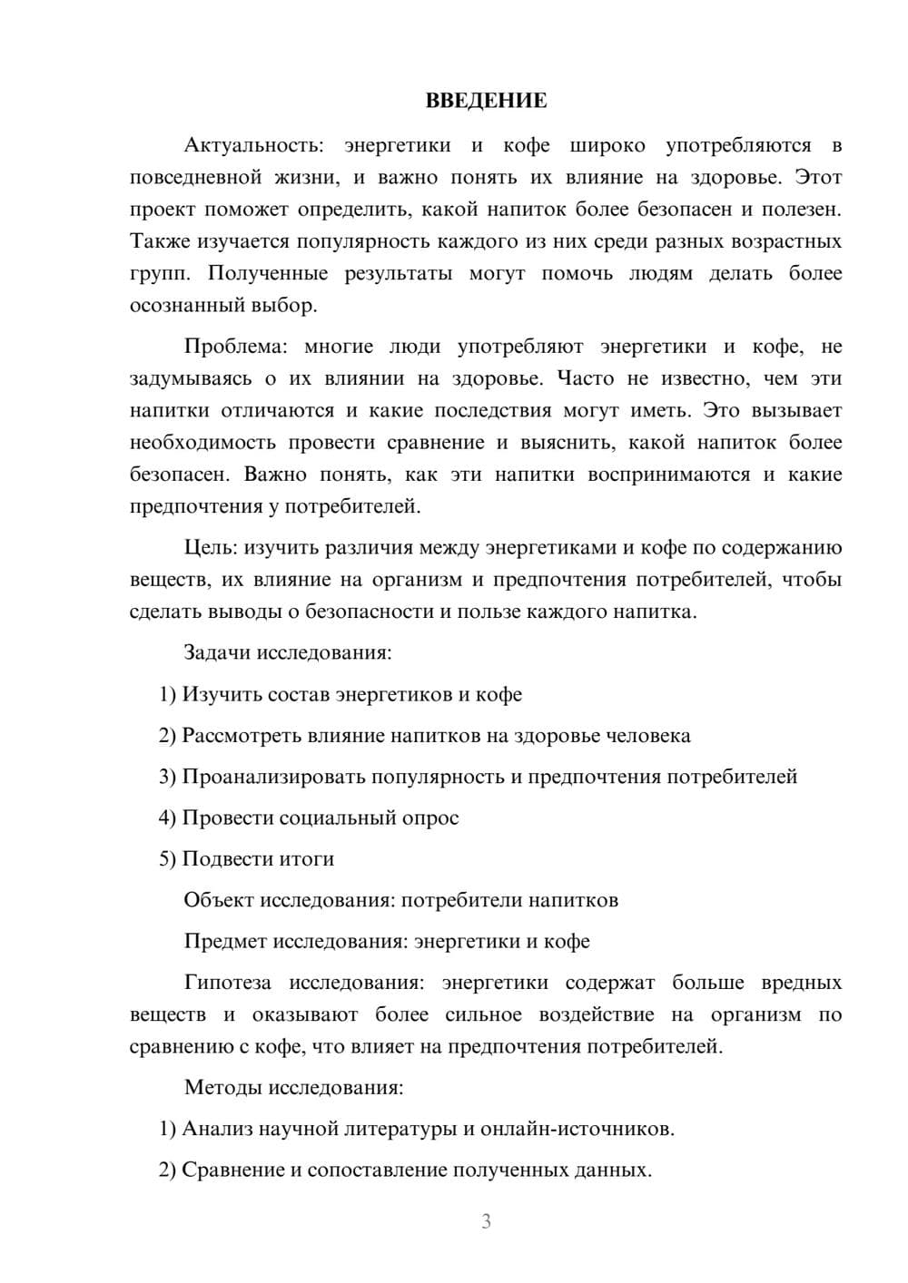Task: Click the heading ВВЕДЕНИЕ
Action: pyautogui.click(x=486, y=101)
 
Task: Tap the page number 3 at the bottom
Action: pyautogui.click(x=486, y=1221)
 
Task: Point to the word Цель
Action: pyautogui.click(x=211, y=548)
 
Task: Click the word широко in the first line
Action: pyautogui.click(x=607, y=145)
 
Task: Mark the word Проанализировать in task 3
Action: pyautogui.click(x=273, y=777)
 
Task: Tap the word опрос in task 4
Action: pyautogui.click(x=431, y=818)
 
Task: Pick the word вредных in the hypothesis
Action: pyautogui.click(x=801, y=983)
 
